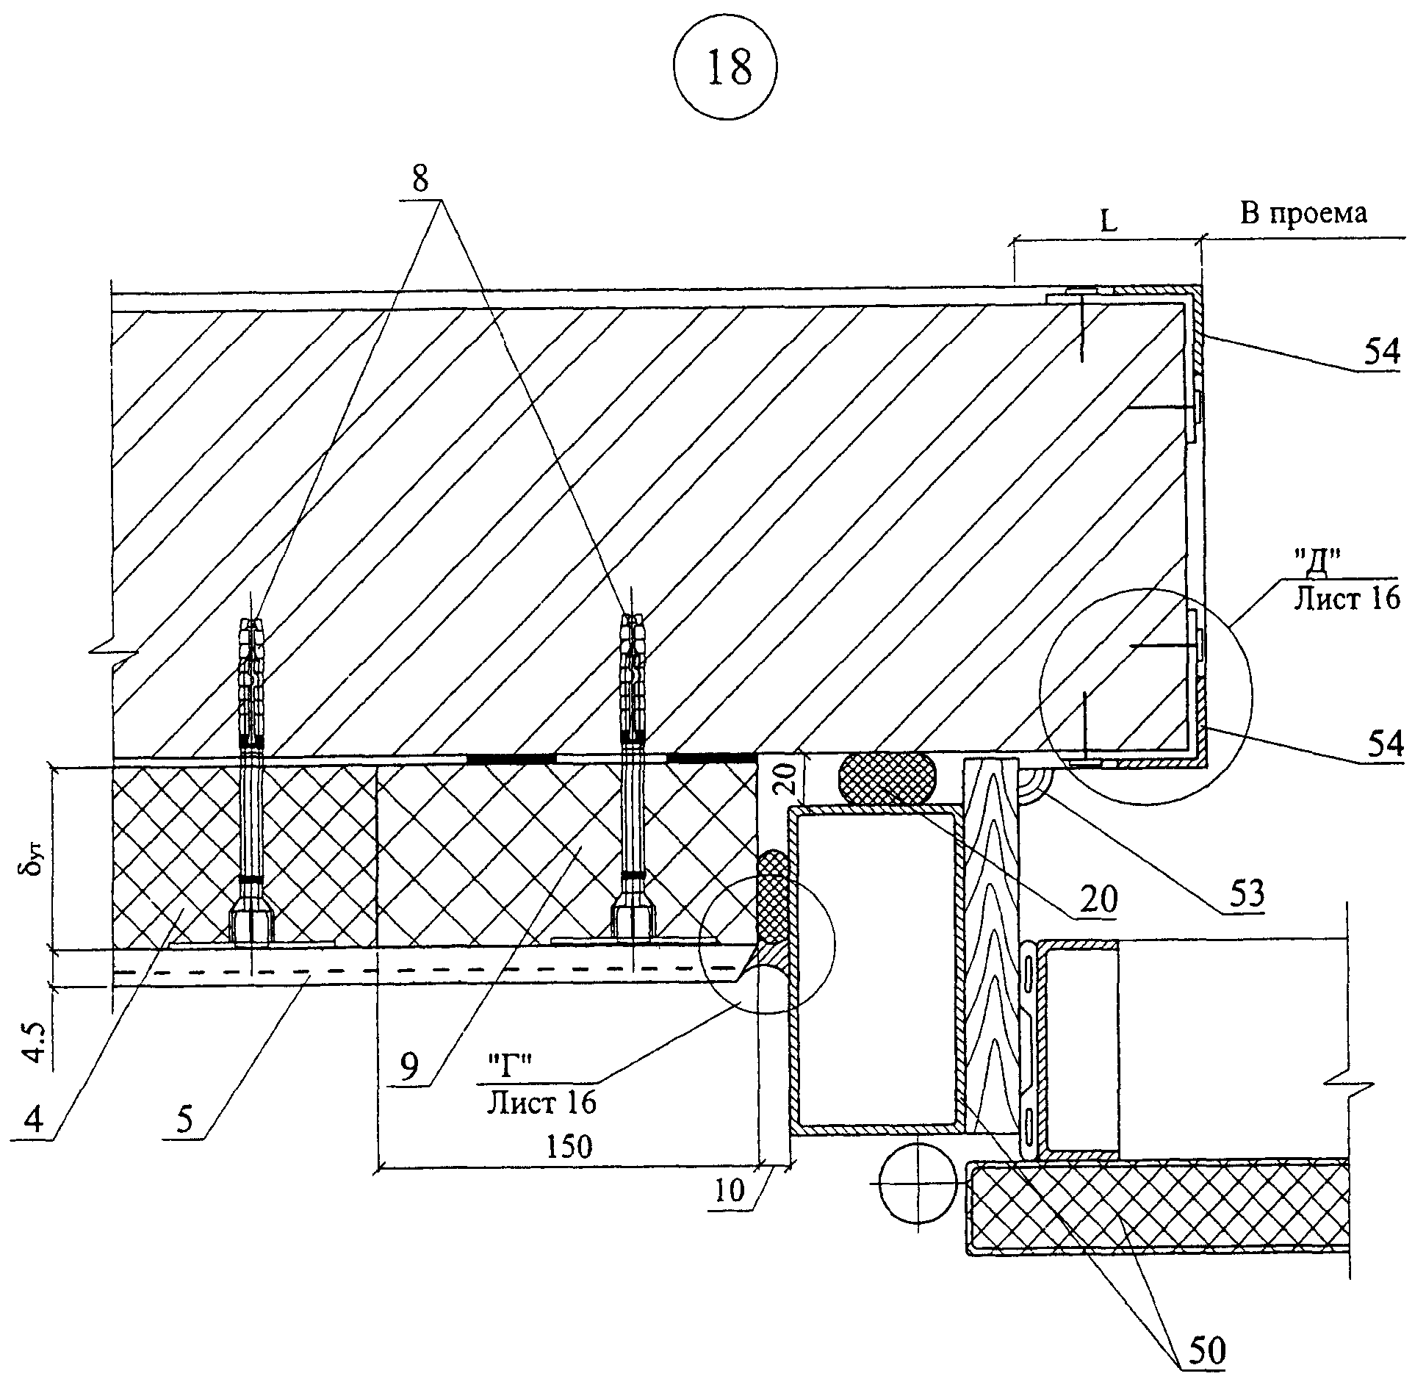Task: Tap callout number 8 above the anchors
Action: coord(420,179)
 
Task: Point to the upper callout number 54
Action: coord(1381,353)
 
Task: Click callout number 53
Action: coord(1244,893)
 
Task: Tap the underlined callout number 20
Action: coord(1098,899)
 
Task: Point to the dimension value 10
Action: coord(730,1189)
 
